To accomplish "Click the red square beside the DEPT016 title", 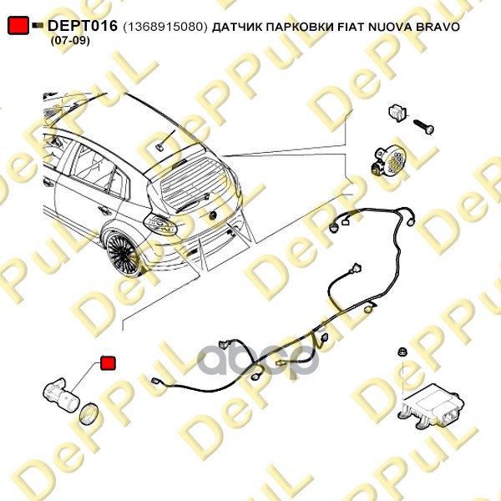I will (18, 27).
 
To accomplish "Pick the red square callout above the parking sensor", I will (108, 363).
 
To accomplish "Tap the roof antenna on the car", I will (159, 144).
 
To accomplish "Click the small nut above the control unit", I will (402, 352).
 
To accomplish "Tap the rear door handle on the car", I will (81, 195).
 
